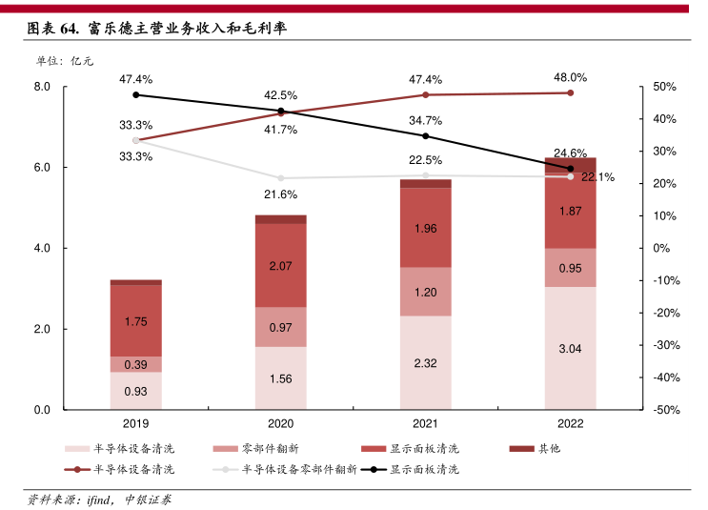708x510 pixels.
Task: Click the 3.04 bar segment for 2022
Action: (570, 348)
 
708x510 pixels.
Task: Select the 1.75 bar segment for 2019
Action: (136, 321)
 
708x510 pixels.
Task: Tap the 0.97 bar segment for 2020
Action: (280, 327)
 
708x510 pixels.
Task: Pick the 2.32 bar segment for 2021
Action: (425, 363)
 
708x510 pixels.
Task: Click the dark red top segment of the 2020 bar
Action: (280, 219)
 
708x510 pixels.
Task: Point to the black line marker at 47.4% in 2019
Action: (136, 94)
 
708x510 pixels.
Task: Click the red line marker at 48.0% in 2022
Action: (570, 92)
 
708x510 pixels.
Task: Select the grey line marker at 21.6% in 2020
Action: (280, 178)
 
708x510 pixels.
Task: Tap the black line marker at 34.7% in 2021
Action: (425, 135)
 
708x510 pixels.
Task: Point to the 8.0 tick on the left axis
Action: (41, 87)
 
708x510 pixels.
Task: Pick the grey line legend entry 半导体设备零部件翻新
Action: (285, 469)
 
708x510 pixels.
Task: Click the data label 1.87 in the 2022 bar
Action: (570, 212)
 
